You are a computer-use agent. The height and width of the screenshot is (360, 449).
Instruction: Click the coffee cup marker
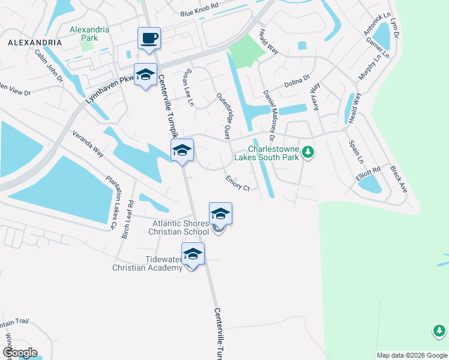pos(149,39)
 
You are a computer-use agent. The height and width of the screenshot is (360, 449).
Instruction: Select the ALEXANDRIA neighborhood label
pos(35,43)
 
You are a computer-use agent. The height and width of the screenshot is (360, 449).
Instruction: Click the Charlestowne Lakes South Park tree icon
pos(308,152)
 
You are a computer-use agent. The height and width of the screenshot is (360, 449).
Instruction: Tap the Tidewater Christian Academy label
pos(147,263)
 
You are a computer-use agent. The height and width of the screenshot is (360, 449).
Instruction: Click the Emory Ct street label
pos(238,183)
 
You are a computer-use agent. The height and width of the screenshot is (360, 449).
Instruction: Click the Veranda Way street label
pos(88,143)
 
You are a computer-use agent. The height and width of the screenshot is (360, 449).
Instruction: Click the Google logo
pos(19,353)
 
